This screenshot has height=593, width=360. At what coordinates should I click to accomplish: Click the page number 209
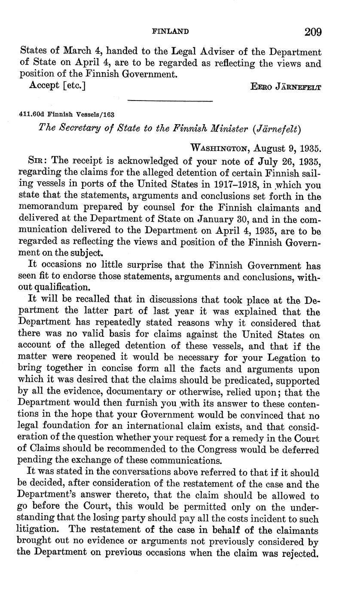coord(313,32)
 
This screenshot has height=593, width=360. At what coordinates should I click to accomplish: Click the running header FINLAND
coord(171,31)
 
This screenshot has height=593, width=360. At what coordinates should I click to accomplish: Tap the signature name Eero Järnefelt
coord(285,86)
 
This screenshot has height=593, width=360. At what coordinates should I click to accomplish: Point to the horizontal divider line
coord(171,101)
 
